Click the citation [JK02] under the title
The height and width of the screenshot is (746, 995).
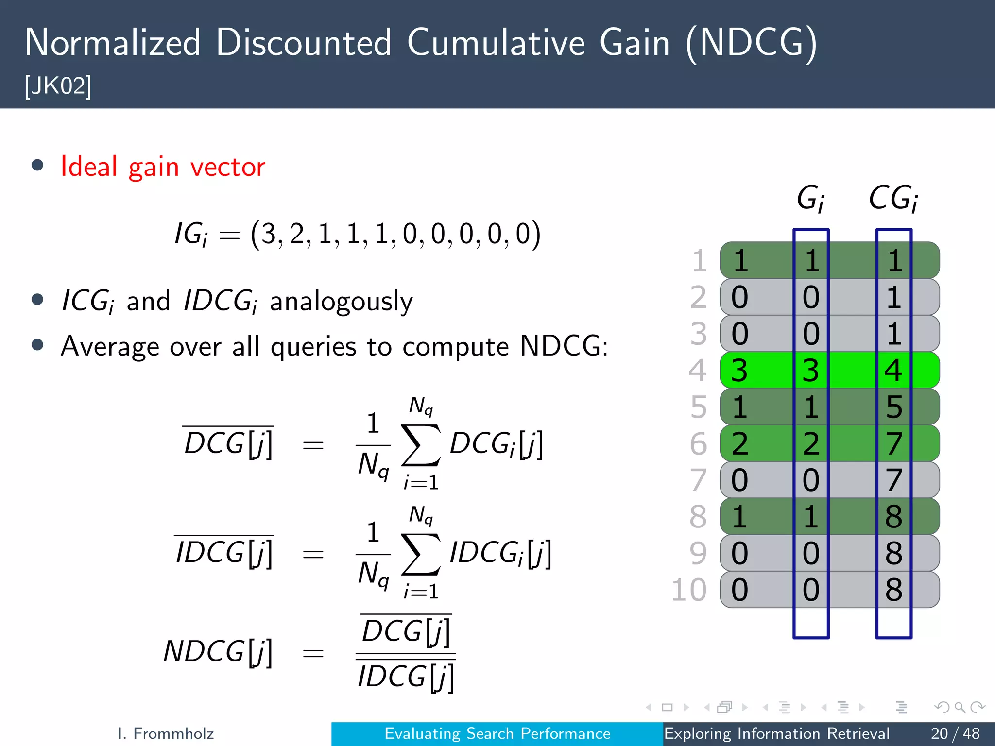(x=58, y=86)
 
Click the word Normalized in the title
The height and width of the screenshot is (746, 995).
(x=112, y=43)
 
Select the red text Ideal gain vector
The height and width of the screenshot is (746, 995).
(x=163, y=167)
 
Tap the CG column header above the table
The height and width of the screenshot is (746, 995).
(x=893, y=199)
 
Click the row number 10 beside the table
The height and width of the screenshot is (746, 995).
(x=689, y=590)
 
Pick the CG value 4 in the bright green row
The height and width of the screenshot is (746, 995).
(x=893, y=371)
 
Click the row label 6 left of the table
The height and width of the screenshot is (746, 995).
(x=698, y=443)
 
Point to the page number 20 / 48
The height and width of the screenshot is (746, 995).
(x=955, y=733)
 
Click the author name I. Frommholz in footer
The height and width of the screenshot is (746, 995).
(x=166, y=733)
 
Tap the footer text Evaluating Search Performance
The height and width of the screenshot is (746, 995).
(x=497, y=733)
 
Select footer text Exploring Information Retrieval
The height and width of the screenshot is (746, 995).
(x=776, y=733)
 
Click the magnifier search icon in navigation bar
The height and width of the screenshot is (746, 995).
(x=960, y=707)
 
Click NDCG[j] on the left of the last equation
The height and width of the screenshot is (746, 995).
(x=218, y=652)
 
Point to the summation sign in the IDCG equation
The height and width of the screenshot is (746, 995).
(x=421, y=554)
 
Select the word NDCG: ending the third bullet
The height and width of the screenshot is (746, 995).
(x=564, y=346)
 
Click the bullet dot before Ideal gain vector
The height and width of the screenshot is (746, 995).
(x=37, y=165)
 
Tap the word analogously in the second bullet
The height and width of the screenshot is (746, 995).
(x=341, y=302)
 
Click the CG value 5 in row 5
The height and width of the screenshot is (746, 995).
(x=893, y=407)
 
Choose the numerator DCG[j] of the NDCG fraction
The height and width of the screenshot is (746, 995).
(x=406, y=631)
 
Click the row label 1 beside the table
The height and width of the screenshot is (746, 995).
(x=699, y=261)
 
